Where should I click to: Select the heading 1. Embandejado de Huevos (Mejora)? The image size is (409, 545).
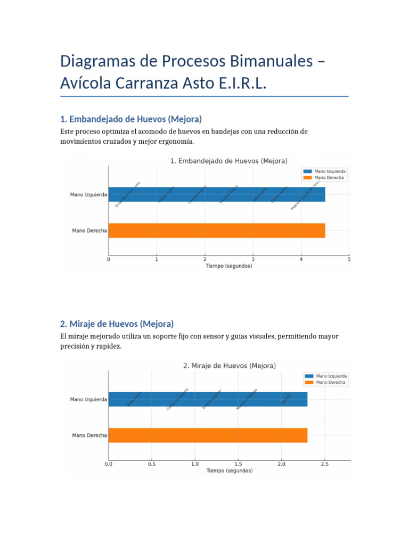click(x=131, y=118)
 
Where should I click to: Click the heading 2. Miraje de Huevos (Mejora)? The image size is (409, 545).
click(x=117, y=323)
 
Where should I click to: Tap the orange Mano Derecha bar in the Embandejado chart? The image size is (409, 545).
click(x=217, y=230)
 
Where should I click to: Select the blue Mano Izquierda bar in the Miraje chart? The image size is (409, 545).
click(x=208, y=399)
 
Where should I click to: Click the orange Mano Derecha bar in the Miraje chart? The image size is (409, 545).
click(x=208, y=435)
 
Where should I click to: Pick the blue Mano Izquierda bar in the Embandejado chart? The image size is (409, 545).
click(x=217, y=195)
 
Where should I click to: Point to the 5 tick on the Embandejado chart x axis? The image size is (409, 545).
click(x=349, y=259)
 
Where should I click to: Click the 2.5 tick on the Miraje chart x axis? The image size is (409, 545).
click(x=324, y=464)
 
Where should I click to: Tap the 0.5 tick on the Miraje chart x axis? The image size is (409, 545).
click(x=152, y=464)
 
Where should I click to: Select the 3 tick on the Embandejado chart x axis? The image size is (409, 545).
click(x=253, y=259)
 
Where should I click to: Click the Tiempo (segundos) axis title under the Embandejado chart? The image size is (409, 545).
click(x=229, y=266)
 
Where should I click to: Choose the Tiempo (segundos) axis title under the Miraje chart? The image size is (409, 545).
click(x=230, y=470)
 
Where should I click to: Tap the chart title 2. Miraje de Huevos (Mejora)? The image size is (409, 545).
click(x=230, y=366)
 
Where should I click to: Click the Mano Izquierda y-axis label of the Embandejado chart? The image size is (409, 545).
click(x=88, y=195)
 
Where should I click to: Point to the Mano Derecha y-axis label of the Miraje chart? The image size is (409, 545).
click(x=89, y=435)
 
